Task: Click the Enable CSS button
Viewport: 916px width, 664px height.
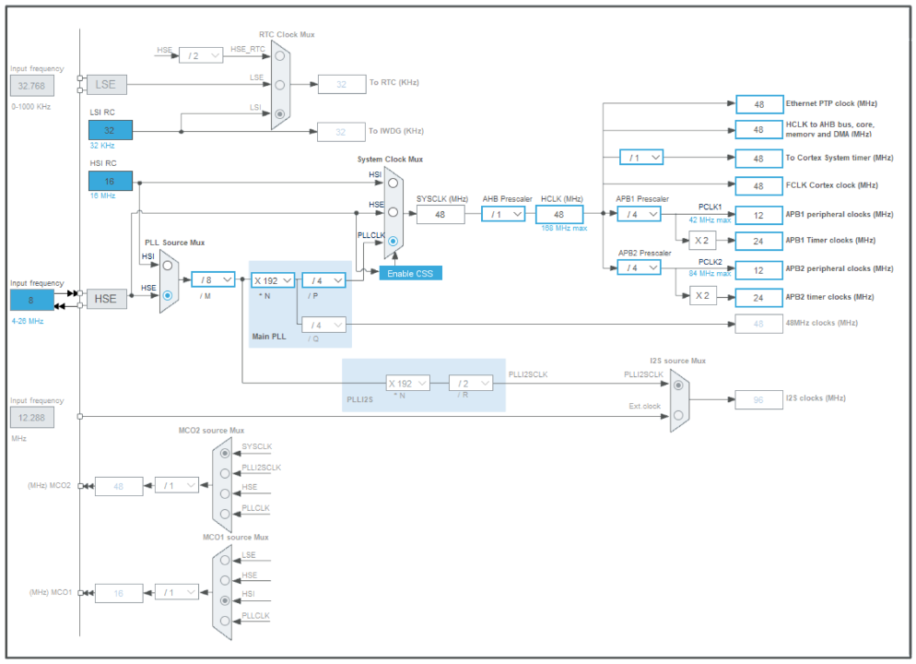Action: point(411,273)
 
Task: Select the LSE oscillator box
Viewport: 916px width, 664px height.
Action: point(106,84)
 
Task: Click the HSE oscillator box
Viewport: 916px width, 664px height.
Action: point(106,299)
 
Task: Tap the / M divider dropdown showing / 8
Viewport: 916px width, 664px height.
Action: point(214,279)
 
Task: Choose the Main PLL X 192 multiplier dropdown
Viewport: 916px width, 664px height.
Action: point(273,279)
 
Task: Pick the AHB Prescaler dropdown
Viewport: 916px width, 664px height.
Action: point(503,214)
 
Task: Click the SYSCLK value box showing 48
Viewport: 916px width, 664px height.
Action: point(440,214)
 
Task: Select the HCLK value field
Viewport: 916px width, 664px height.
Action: point(559,214)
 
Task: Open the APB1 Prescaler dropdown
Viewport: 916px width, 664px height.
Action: point(640,214)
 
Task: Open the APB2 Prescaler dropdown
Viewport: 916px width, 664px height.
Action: point(640,267)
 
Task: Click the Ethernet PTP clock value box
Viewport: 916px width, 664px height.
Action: point(759,104)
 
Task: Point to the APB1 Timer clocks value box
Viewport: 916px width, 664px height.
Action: point(759,241)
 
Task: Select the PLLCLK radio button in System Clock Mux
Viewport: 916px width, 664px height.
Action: point(393,242)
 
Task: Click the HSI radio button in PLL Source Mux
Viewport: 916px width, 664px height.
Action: point(168,265)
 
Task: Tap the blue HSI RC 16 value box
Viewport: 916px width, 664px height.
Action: point(111,181)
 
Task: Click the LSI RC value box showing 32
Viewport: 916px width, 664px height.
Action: point(111,130)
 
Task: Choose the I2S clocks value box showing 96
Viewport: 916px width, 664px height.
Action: point(759,399)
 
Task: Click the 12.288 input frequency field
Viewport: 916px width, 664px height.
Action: point(32,418)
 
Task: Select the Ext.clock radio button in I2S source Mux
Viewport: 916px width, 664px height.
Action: point(678,416)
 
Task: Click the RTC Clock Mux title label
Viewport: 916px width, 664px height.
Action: point(287,34)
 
